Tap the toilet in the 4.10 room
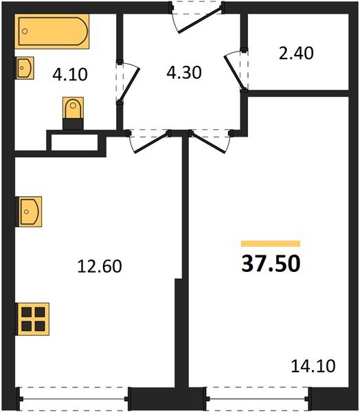tap(72, 111)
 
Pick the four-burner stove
tap(32, 319)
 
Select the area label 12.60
tap(100, 266)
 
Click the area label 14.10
tap(314, 367)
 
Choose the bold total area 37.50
tap(271, 264)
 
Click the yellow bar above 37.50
tap(271, 243)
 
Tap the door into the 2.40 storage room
tap(240, 69)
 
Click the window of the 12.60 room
tap(74, 398)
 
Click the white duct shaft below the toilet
tap(74, 143)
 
